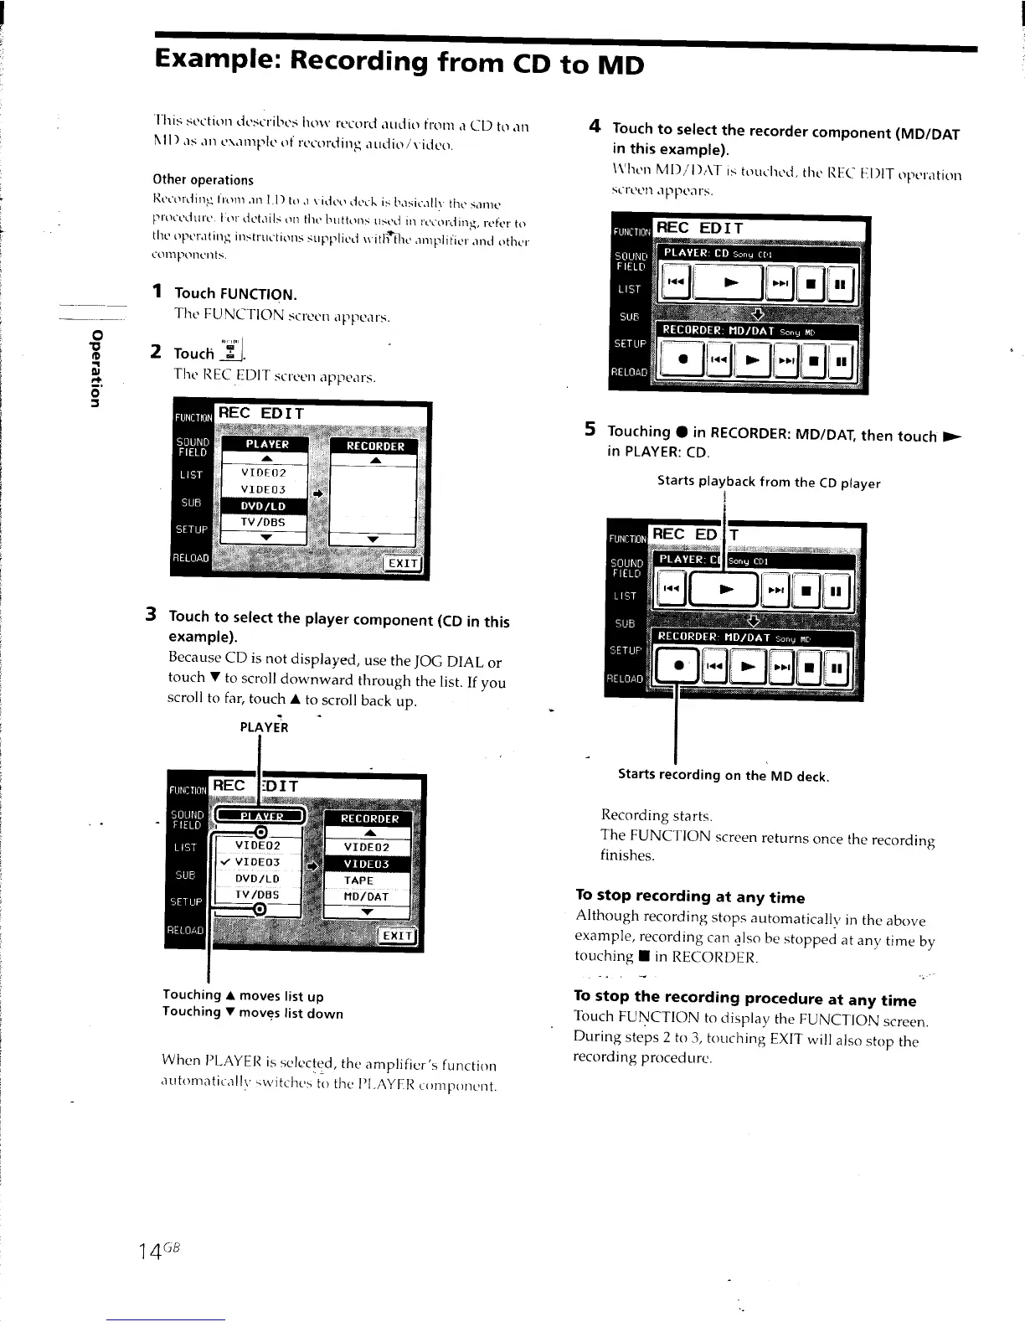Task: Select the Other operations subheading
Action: [x=203, y=179]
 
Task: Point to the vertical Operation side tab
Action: [x=97, y=369]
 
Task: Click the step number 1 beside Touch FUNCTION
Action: [x=157, y=292]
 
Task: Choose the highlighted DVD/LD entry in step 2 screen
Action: [x=263, y=506]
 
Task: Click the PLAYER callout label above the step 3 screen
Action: [x=264, y=727]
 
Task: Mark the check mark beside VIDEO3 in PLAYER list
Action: [x=225, y=862]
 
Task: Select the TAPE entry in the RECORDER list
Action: [x=359, y=880]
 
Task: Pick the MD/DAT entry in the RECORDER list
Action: [x=366, y=896]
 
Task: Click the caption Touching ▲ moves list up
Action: [x=243, y=995]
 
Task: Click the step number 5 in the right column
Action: [x=590, y=430]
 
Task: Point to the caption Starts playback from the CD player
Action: [x=768, y=482]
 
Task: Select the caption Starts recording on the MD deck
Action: [x=723, y=775]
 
